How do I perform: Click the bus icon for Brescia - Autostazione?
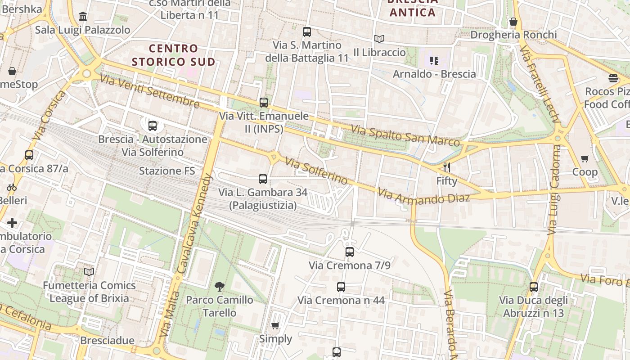coord(153,126)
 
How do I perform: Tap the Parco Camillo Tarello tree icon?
coord(220,286)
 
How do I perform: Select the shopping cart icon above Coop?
coord(585,158)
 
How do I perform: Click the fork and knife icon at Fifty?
coord(446,167)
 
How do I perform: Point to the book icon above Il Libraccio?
coord(379,39)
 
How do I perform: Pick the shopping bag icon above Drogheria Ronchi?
coord(513,22)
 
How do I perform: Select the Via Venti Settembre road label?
coord(149,91)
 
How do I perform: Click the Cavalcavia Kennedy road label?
coord(195,224)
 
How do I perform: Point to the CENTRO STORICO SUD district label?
coord(173,55)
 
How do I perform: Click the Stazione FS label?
coord(167,171)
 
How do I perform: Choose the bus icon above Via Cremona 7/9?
coord(350,252)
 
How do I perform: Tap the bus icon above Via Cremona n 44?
coord(341,287)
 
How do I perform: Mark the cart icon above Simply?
coord(275,325)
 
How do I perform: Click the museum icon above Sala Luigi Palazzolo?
coord(83,17)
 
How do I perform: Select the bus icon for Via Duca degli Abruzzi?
coord(534,287)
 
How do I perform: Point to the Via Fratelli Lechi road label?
coord(539,84)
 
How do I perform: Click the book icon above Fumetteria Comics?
coord(89,272)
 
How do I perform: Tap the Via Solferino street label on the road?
coord(316,171)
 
